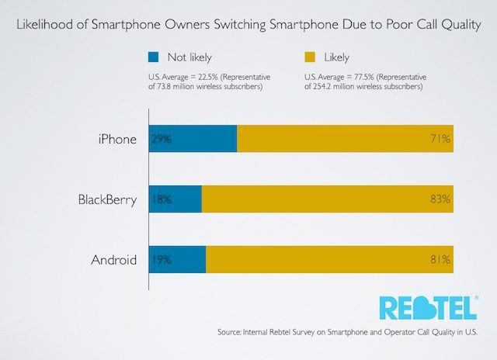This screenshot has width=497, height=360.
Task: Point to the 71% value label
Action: pos(440,140)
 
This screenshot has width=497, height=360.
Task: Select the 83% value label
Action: pos(440,199)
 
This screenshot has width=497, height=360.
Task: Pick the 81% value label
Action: pos(440,259)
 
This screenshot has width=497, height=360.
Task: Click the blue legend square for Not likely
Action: pos(154,57)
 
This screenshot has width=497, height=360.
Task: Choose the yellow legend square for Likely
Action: pos(308,57)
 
